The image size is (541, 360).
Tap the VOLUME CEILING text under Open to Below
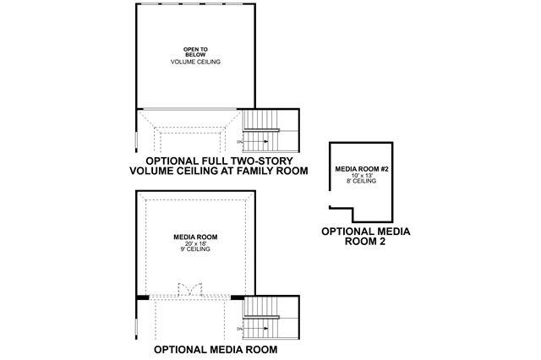click(195, 63)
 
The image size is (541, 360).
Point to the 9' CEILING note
click(195, 249)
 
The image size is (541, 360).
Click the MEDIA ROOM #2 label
click(361, 169)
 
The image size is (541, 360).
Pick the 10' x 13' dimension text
click(361, 175)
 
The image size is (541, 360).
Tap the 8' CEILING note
click(361, 181)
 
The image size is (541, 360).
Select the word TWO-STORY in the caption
click(265, 159)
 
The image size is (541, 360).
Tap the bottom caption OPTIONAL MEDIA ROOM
click(216, 348)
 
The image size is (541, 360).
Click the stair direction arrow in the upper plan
click(270, 140)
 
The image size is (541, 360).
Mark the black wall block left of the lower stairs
click(238, 297)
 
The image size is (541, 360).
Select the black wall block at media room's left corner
click(143, 297)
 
